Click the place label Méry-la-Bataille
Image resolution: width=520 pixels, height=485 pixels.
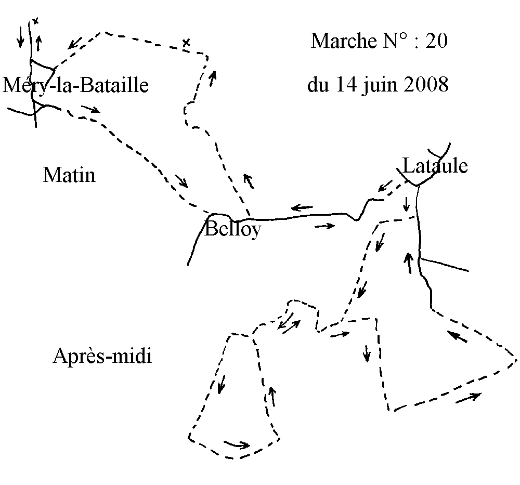76,85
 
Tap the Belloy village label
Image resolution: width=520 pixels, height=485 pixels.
232,229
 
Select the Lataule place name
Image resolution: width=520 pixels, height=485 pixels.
435,166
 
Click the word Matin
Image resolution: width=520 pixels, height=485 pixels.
69,175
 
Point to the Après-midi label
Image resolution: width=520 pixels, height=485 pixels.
102,357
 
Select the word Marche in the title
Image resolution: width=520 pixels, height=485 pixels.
341,41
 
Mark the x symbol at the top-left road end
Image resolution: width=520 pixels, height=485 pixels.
35,21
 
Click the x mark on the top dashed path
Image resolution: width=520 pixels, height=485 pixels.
186,42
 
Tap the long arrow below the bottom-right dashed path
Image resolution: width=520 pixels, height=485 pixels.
468,398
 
